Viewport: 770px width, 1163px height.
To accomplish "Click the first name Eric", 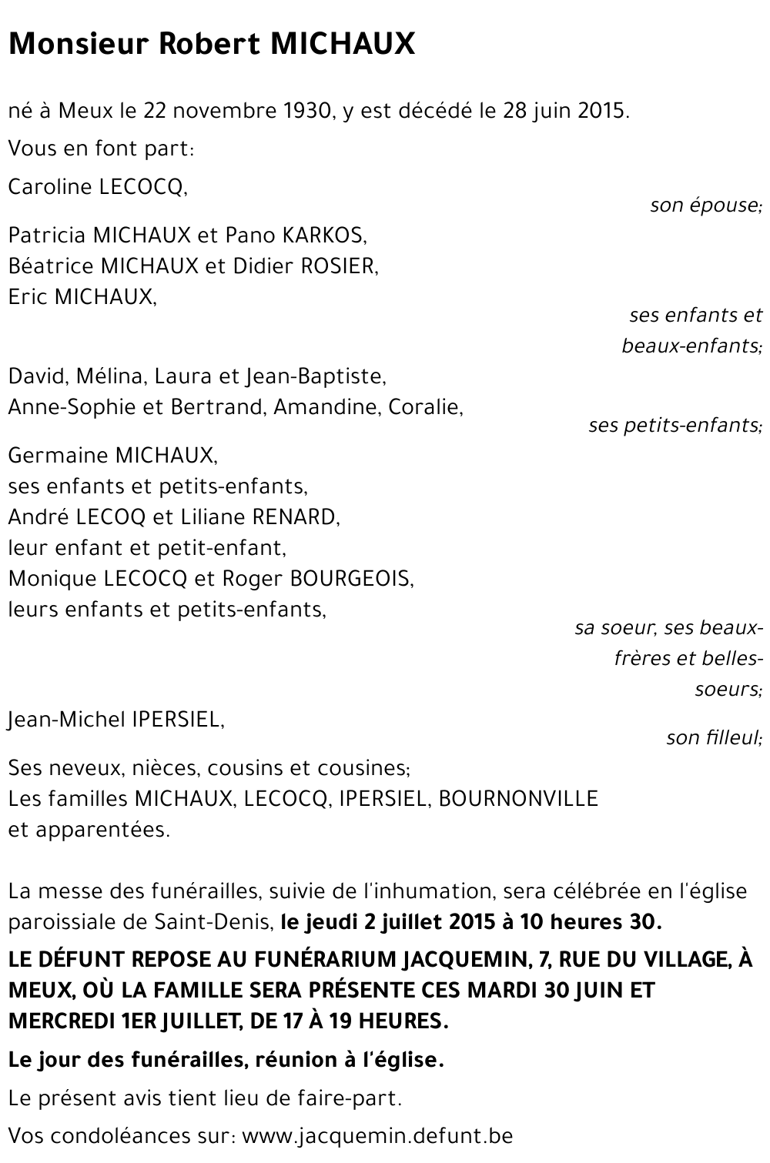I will (x=28, y=296).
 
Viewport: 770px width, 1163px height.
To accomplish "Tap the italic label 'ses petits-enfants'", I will (x=675, y=425).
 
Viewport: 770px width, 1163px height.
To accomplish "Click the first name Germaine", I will (x=58, y=456).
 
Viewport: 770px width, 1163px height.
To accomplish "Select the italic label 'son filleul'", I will (x=713, y=738).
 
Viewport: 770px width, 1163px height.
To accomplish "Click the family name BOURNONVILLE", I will (x=517, y=799).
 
